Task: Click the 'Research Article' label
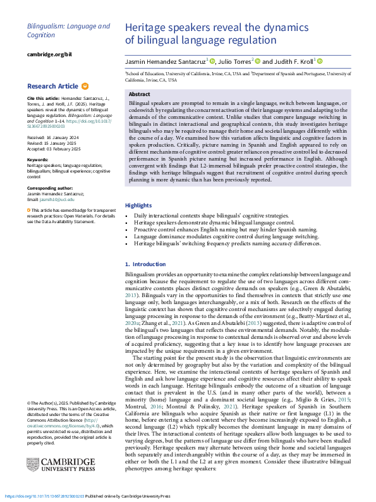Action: click(x=53, y=86)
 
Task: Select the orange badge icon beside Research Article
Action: click(x=85, y=86)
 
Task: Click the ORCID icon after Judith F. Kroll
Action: click(x=320, y=61)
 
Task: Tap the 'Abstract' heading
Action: click(x=139, y=94)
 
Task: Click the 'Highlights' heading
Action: click(x=138, y=188)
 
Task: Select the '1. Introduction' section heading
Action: click(x=145, y=264)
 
